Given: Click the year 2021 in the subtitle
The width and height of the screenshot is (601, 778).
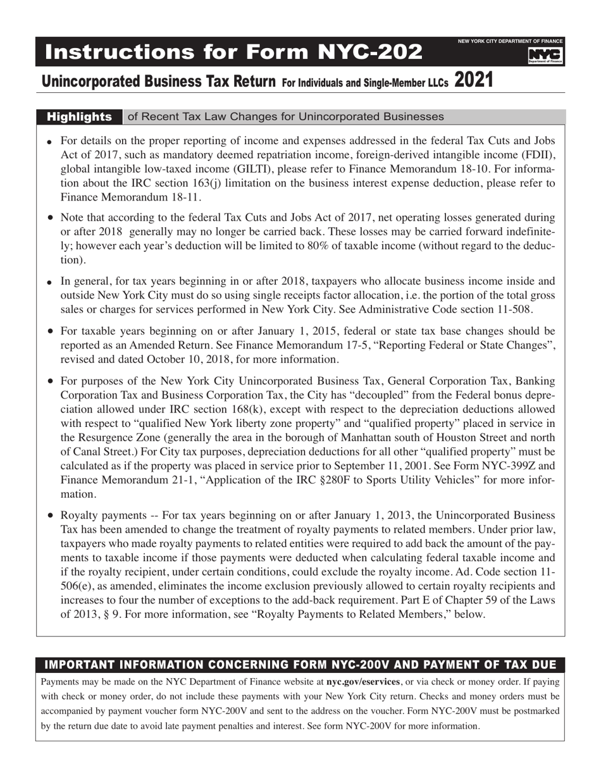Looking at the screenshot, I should [473, 80].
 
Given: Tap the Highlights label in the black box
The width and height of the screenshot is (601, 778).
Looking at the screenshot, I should [80, 117].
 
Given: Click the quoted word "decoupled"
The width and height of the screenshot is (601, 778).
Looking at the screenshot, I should [449, 395].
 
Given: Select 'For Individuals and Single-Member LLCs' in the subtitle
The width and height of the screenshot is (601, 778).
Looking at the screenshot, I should [365, 82].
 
